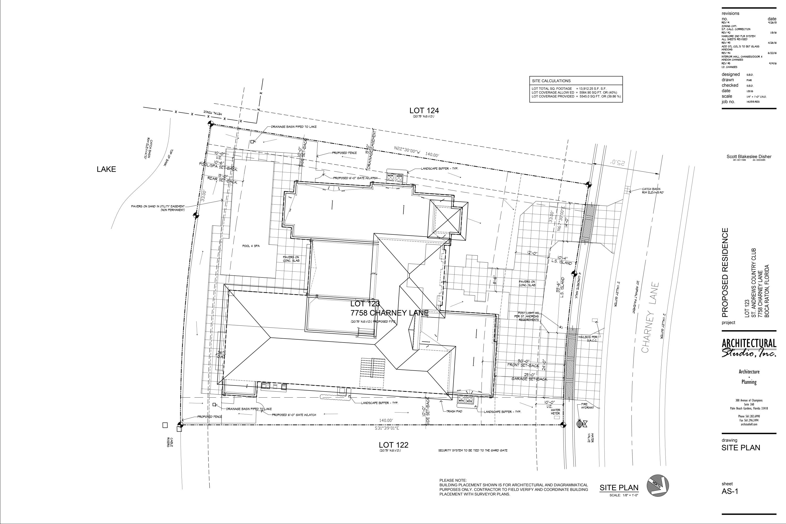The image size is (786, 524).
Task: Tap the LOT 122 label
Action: [393, 445]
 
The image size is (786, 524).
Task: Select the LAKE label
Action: [106, 169]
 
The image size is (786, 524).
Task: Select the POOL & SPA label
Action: [251, 246]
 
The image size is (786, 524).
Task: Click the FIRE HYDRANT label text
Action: [587, 406]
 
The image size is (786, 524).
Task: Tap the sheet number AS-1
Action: [730, 491]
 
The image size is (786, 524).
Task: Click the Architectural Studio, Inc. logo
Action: [749, 348]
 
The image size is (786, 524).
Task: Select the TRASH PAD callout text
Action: [454, 411]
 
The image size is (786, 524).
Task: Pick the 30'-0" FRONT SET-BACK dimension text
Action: [523, 363]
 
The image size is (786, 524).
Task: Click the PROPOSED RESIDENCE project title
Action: [725, 272]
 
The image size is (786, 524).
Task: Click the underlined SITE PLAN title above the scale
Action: [619, 488]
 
